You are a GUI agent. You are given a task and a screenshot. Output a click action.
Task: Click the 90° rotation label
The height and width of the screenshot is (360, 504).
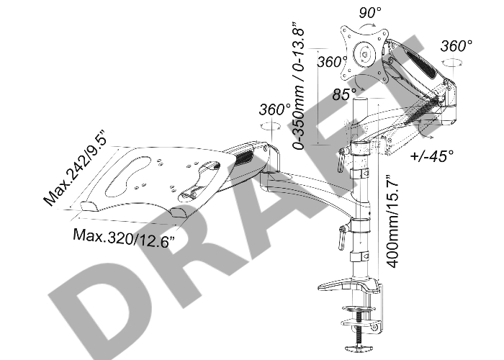pyautogui.click(x=369, y=12)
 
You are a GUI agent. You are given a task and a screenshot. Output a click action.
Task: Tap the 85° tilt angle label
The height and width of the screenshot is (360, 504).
pyautogui.click(x=344, y=94)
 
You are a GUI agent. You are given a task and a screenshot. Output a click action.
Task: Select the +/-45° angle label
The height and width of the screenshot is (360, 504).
pyautogui.click(x=432, y=156)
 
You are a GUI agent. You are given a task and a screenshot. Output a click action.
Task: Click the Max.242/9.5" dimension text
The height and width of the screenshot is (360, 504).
pyautogui.click(x=75, y=168)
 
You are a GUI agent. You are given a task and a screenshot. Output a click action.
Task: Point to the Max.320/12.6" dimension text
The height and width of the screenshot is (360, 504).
pyautogui.click(x=125, y=238)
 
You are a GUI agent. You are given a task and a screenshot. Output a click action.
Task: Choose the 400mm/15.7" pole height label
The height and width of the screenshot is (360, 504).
pyautogui.click(x=392, y=221)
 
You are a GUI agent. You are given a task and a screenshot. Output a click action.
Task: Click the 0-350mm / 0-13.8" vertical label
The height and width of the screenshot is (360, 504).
pyautogui.click(x=298, y=86)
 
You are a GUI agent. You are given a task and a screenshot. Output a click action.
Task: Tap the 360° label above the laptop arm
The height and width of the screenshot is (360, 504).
pyautogui.click(x=275, y=109)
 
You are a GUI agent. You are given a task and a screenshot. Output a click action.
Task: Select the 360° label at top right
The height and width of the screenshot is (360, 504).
pyautogui.click(x=456, y=45)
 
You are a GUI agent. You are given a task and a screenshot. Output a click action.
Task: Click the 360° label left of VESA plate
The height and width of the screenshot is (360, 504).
pyautogui.click(x=332, y=61)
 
